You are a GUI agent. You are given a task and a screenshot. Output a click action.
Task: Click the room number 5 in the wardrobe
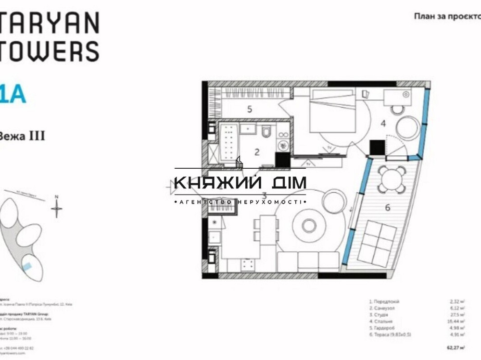click(x=250, y=109)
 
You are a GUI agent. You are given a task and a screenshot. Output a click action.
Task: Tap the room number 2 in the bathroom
click(x=257, y=152)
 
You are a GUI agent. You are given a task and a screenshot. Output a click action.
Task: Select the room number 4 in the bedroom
click(x=383, y=124)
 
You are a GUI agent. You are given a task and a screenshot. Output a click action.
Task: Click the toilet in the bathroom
click(x=266, y=131)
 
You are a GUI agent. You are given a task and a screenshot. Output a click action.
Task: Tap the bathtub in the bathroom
click(x=229, y=141)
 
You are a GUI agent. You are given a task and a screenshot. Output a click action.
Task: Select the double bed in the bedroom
click(x=332, y=115)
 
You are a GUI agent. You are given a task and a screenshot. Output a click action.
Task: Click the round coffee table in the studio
click(x=306, y=224)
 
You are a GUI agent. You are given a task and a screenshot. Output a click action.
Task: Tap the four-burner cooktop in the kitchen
click(x=248, y=264)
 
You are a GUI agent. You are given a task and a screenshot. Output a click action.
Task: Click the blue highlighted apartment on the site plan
click(x=28, y=266)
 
